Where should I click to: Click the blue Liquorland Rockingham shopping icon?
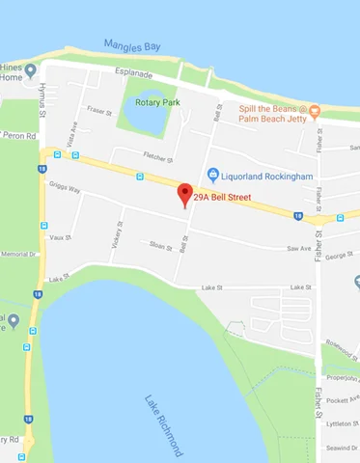coord(214,175)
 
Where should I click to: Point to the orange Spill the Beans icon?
coord(314,112)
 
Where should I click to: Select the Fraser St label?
coord(97,111)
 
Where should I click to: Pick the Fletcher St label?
coord(156,158)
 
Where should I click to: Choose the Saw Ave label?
coord(298,249)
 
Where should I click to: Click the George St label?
coord(341,256)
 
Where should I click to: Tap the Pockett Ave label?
coord(343,398)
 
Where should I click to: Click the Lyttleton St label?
coord(343,422)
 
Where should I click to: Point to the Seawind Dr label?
coord(343,447)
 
